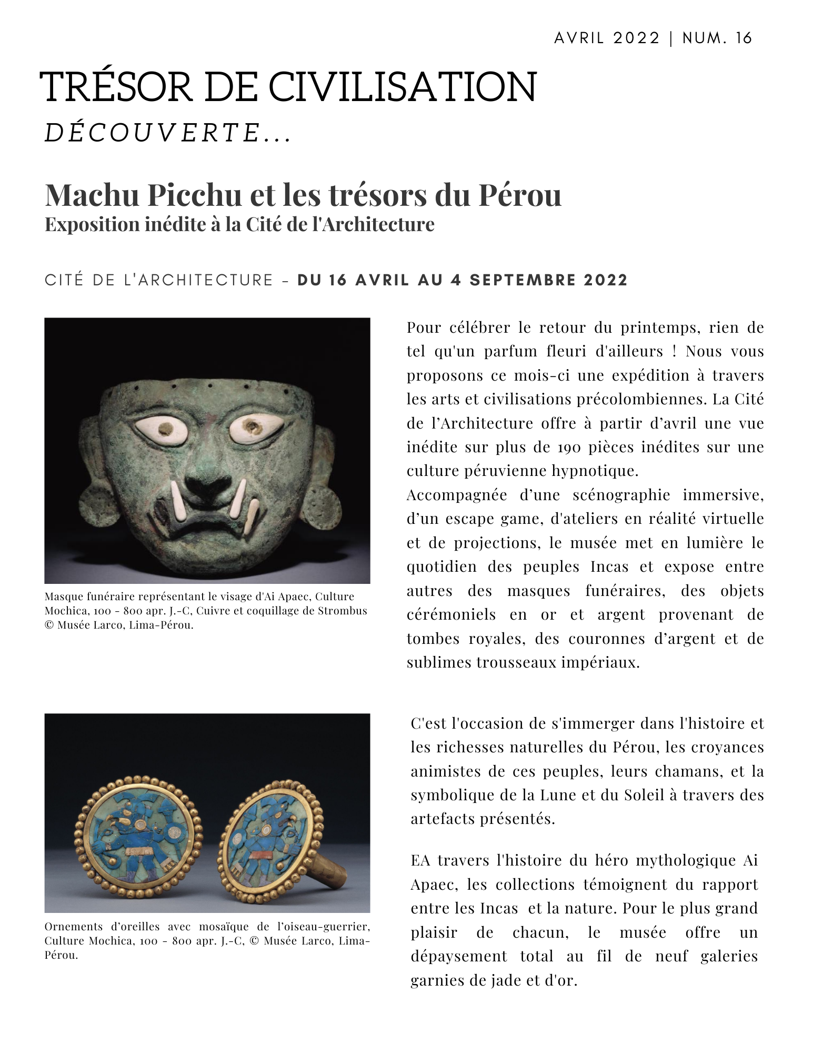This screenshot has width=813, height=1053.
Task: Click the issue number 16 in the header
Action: (744, 38)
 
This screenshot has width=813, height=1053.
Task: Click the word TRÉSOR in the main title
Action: (116, 87)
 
